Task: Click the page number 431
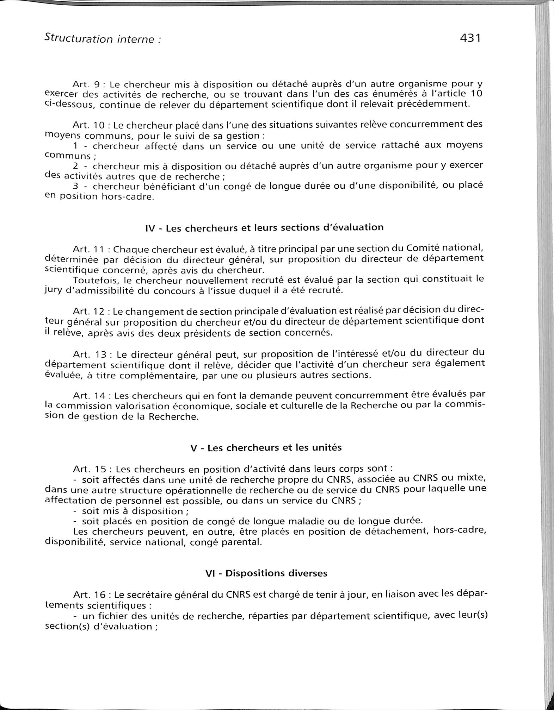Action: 470,38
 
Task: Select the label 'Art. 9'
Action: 88,84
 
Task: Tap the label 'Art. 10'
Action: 90,125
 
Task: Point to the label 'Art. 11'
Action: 90,249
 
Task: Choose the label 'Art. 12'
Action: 90,312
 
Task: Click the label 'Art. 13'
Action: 90,353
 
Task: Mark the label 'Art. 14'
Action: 90,396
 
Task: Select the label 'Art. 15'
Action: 90,469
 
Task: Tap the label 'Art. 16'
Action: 90,595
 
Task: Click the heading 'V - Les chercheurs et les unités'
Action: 266,448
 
